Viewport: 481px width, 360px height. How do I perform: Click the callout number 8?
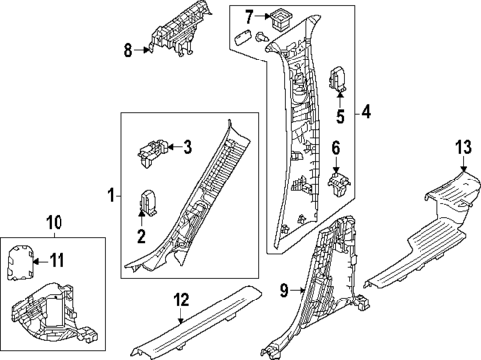pos(128,51)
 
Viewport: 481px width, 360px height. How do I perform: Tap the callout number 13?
pos(463,147)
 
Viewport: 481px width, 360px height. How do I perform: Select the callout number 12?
pos(181,300)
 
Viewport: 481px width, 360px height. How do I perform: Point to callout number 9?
pos(284,291)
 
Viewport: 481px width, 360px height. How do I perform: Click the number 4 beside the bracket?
pos(366,112)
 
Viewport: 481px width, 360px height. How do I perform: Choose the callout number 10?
pos(55,223)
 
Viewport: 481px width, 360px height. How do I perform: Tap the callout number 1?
pos(111,196)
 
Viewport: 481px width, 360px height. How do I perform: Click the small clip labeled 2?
pos(149,202)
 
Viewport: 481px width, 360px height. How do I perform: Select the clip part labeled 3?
pos(152,152)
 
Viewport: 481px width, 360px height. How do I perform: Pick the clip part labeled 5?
pos(337,79)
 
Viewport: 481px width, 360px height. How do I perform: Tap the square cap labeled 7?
pos(281,19)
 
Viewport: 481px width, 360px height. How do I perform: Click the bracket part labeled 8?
pos(177,33)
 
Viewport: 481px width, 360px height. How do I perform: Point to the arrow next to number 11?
pos(40,262)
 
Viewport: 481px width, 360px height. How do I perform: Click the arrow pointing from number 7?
pos(264,16)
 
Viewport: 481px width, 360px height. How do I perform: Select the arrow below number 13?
pos(463,164)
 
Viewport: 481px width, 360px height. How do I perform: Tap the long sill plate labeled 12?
pos(195,321)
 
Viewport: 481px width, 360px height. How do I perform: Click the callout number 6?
pos(336,148)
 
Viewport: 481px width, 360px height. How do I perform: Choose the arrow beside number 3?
pos(175,146)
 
